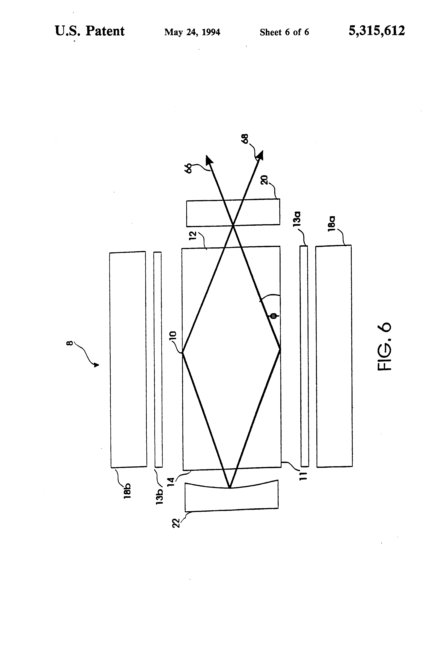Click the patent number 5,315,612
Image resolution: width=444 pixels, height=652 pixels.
tap(377, 31)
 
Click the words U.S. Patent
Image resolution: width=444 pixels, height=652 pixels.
tap(90, 31)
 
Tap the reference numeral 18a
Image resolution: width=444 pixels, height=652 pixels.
tap(331, 224)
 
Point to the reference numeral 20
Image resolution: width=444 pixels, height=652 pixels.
tap(264, 180)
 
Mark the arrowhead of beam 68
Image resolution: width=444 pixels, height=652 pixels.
tap(260, 155)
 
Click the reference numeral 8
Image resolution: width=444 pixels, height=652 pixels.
tap(70, 343)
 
